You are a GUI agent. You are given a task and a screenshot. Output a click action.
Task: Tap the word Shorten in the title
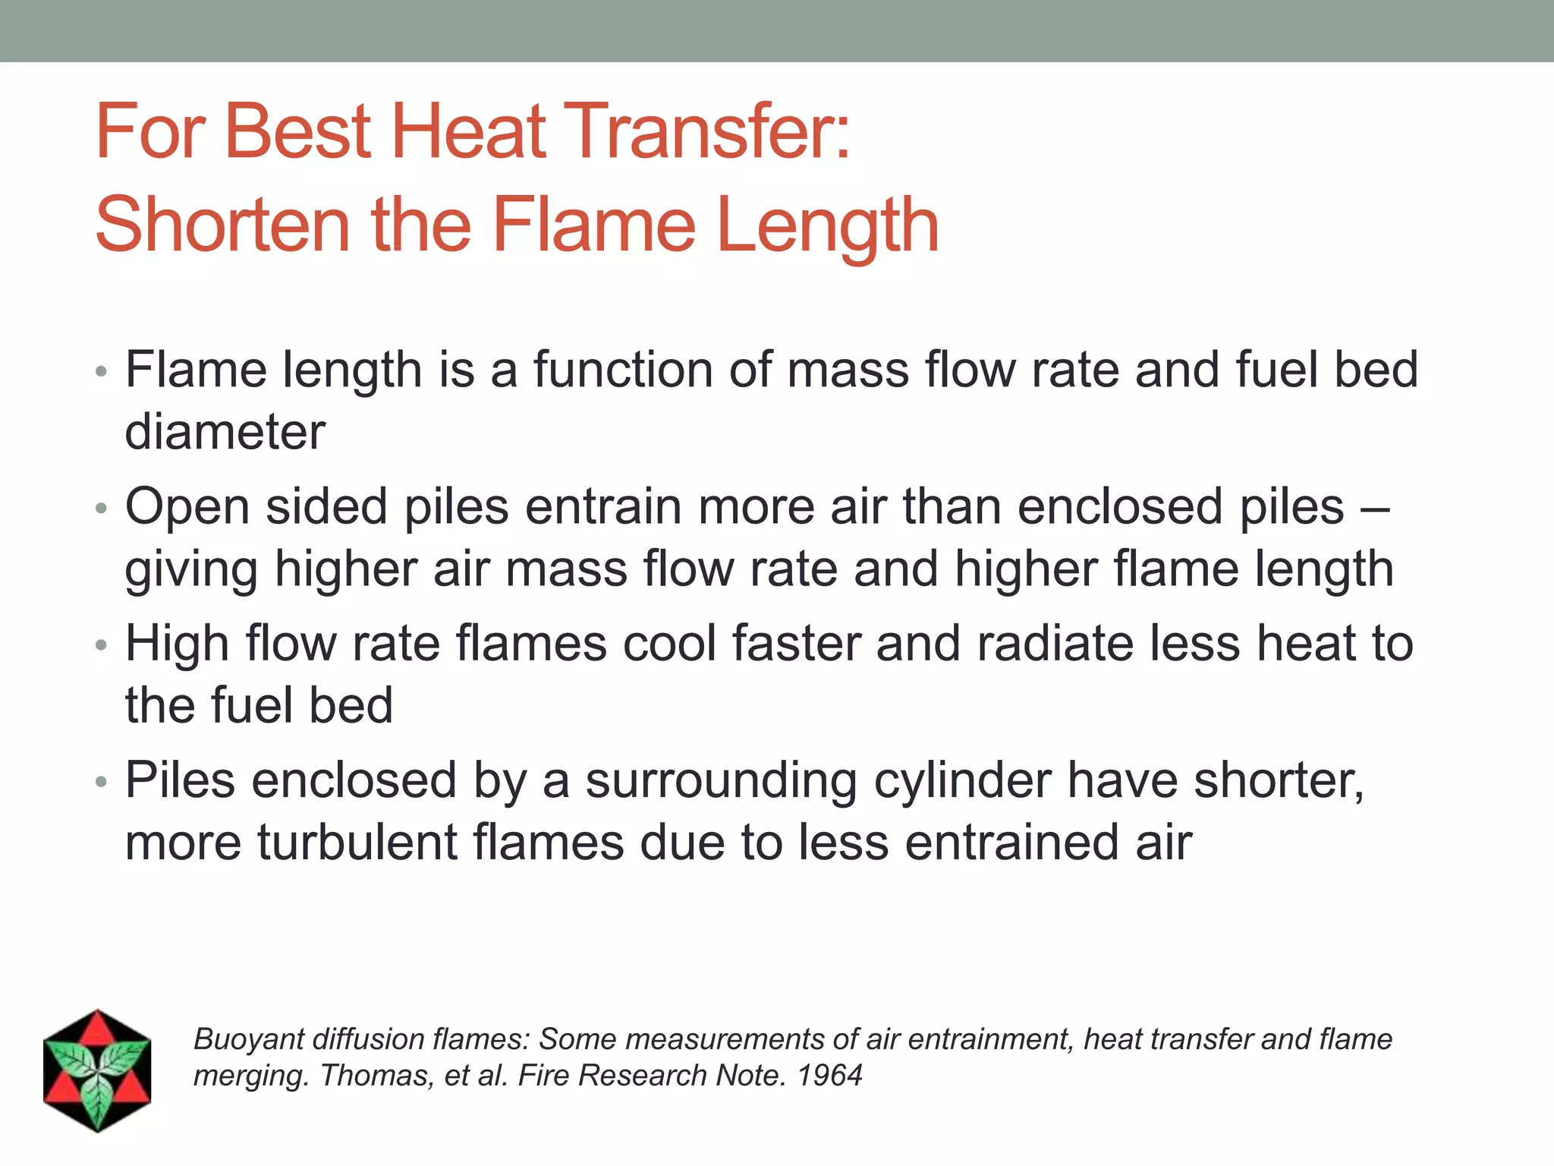(222, 225)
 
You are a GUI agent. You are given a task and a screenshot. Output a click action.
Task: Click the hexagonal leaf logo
(97, 1070)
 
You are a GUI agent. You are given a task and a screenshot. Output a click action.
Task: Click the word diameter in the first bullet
(225, 432)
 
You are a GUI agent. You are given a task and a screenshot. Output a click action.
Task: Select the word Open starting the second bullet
(187, 507)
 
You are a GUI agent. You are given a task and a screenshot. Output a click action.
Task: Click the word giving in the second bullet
(191, 570)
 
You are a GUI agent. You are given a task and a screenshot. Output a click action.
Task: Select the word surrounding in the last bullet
(721, 781)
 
